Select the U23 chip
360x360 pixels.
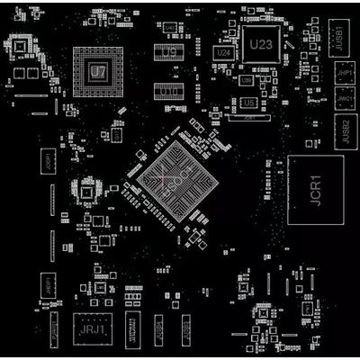click(x=260, y=43)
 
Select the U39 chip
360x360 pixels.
click(x=247, y=80)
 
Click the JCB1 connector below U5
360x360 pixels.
click(x=250, y=118)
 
